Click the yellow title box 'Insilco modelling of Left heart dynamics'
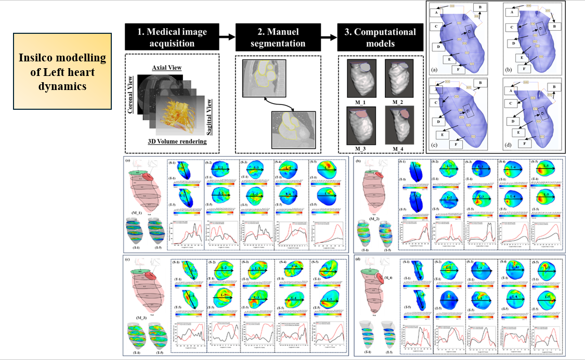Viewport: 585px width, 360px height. point(62,71)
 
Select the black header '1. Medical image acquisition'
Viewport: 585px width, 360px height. point(172,37)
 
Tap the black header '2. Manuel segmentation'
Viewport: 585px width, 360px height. point(278,37)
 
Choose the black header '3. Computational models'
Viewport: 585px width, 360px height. point(381,37)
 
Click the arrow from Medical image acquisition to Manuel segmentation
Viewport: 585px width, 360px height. point(227,37)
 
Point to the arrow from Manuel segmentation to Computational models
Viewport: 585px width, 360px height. point(329,37)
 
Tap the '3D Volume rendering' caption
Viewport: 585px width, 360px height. point(176,141)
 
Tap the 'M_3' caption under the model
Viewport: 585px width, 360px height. point(359,150)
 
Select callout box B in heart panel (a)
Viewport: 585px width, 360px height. point(480,8)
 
